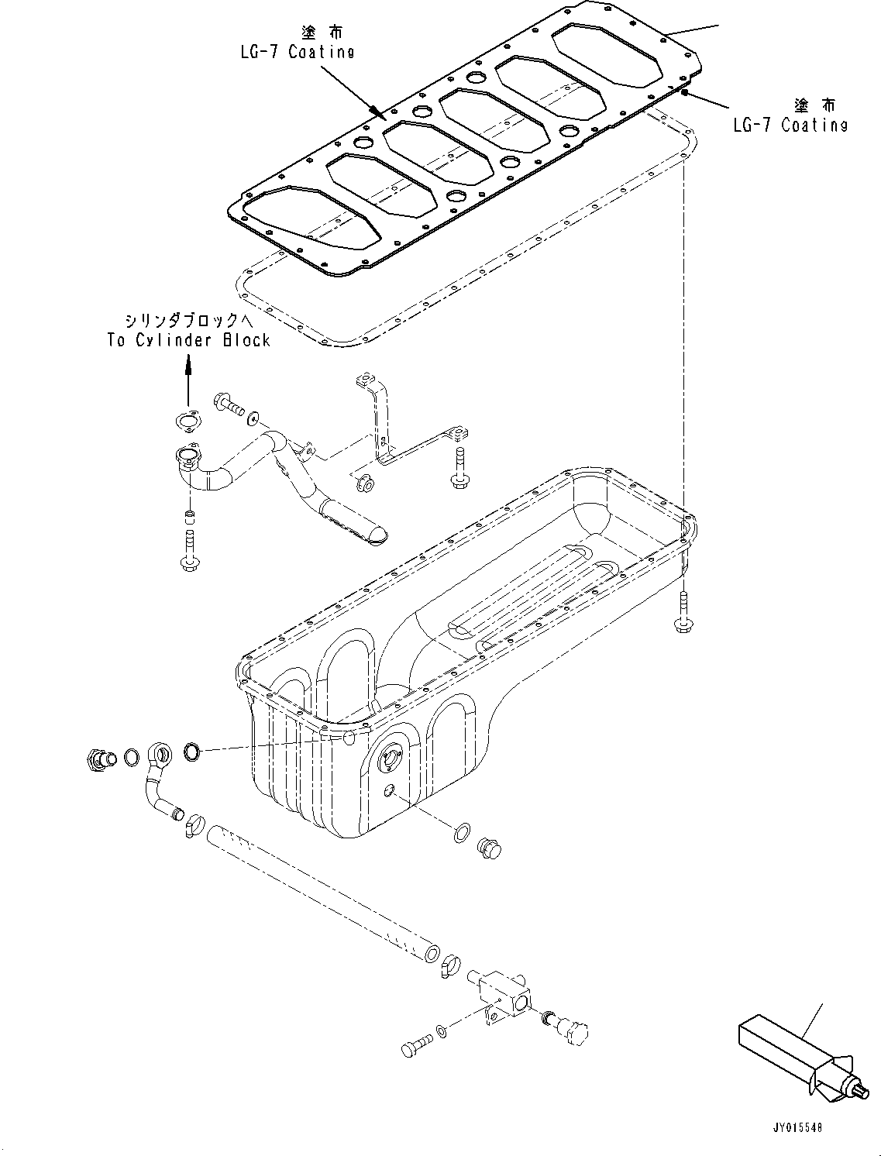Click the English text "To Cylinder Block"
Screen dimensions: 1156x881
[189, 340]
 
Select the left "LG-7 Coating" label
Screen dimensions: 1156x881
[298, 53]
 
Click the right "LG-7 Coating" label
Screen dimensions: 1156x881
[790, 125]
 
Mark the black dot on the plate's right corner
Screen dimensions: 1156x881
[685, 92]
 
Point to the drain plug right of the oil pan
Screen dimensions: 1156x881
[490, 848]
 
